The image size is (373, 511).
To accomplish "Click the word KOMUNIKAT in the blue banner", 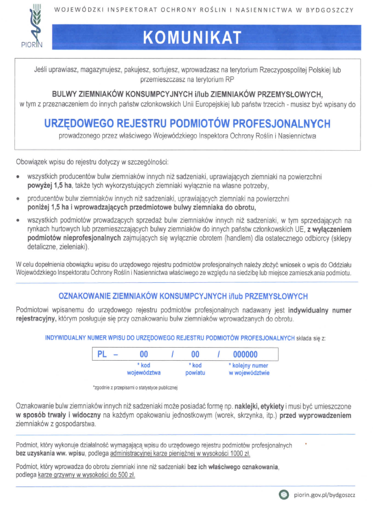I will [192, 37].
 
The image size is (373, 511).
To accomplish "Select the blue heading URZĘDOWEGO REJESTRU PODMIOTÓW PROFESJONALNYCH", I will [187, 123].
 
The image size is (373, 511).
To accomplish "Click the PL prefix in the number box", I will [102, 354].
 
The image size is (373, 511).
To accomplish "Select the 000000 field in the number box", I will [245, 354].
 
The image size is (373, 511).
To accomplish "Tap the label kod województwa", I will [144, 369].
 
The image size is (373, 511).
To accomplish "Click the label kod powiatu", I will [195, 369].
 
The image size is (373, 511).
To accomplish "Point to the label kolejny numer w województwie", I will [248, 369].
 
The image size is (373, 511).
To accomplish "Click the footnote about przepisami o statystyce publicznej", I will [135, 388].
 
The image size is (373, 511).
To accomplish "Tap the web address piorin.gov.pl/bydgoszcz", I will [325, 495].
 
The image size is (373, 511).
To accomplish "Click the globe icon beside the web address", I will [284, 495].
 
